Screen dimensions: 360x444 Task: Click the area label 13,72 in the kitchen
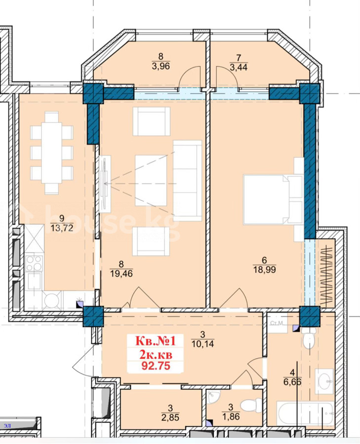(x=62, y=227)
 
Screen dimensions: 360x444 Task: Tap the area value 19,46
(x=121, y=273)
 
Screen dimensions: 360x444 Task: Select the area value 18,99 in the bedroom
(x=265, y=269)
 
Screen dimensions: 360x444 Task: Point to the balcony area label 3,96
(x=160, y=66)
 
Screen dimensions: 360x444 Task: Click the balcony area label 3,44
(x=239, y=67)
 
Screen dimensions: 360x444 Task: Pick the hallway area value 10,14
(x=202, y=344)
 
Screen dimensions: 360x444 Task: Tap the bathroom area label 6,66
(x=292, y=382)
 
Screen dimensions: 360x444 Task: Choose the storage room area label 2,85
(x=170, y=417)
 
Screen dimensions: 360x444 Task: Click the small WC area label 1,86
(x=231, y=416)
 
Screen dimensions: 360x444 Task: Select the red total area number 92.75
(x=156, y=366)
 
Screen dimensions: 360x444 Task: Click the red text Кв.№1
(x=156, y=340)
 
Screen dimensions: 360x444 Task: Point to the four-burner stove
(x=34, y=263)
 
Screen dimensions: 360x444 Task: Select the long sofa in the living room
(x=187, y=181)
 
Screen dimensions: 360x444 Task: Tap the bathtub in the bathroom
(x=305, y=414)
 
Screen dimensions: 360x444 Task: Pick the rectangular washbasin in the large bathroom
(x=324, y=381)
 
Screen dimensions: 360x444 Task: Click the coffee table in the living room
(x=151, y=181)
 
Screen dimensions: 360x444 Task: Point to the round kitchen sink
(x=52, y=300)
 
